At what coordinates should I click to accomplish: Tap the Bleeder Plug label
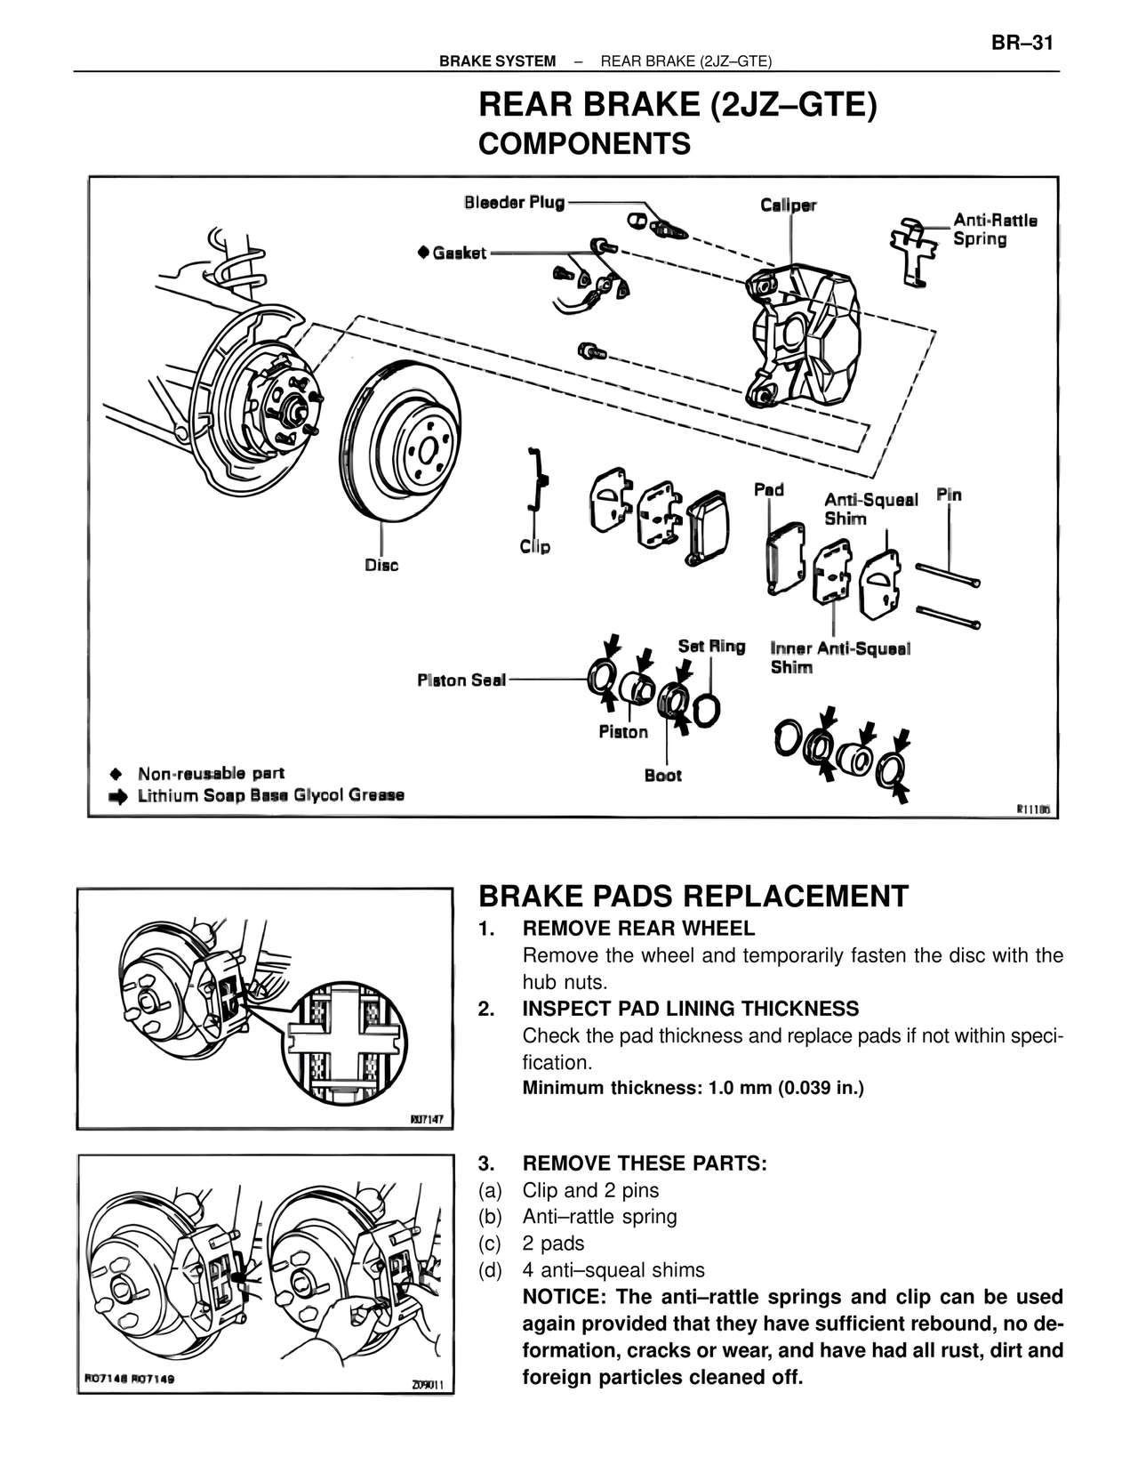pyautogui.click(x=514, y=203)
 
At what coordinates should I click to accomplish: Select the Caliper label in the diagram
pyautogui.click(x=788, y=205)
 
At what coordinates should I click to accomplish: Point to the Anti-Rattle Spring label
pyautogui.click(x=994, y=229)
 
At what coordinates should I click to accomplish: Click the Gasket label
pyautogui.click(x=459, y=254)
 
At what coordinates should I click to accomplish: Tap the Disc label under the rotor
pyautogui.click(x=381, y=565)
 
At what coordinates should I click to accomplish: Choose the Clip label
pyautogui.click(x=534, y=546)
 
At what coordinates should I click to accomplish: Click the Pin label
pyautogui.click(x=949, y=495)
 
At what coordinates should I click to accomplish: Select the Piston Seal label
pyautogui.click(x=461, y=680)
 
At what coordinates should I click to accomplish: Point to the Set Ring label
pyautogui.click(x=711, y=646)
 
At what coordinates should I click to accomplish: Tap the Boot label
pyautogui.click(x=662, y=776)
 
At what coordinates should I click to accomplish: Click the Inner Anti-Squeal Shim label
pyautogui.click(x=839, y=658)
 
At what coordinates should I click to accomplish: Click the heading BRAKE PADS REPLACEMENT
pyautogui.click(x=693, y=896)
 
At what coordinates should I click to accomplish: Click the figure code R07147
pyautogui.click(x=427, y=1120)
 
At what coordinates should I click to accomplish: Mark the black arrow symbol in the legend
pyautogui.click(x=117, y=796)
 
